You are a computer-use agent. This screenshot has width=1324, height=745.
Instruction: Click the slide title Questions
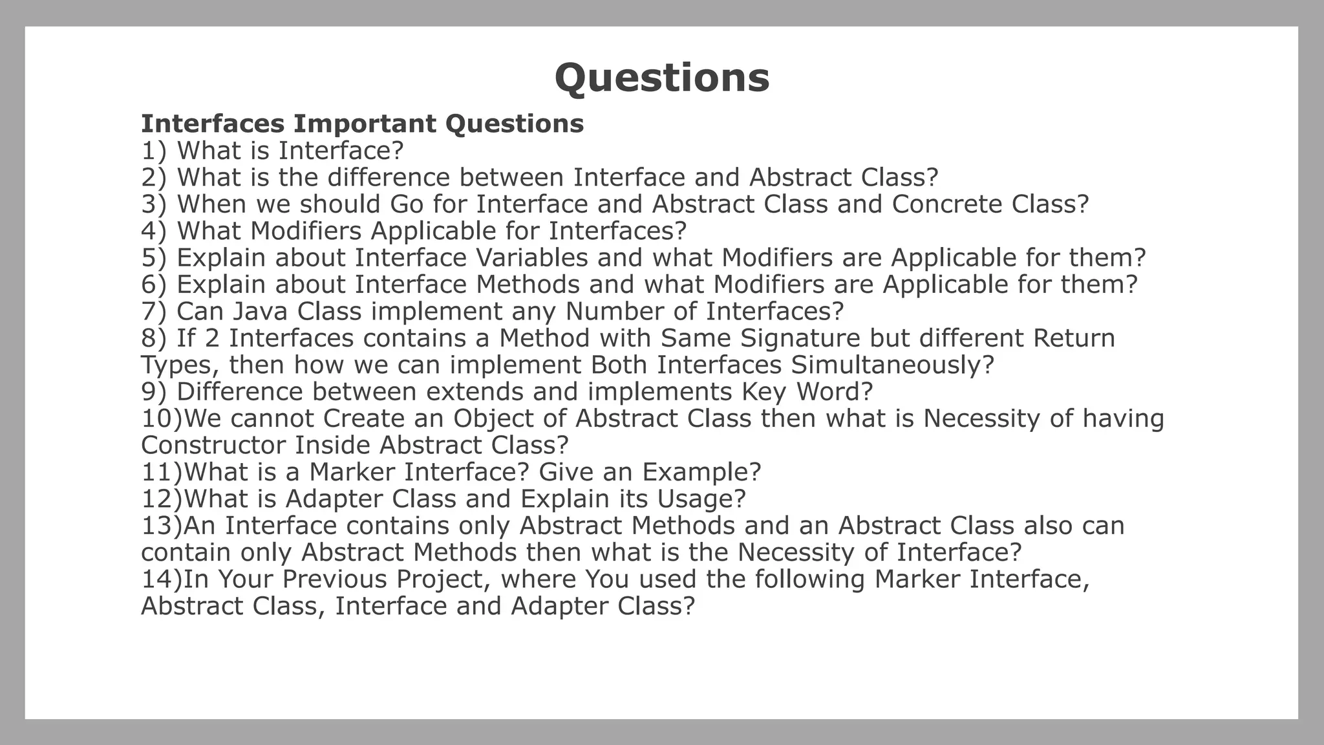click(x=662, y=78)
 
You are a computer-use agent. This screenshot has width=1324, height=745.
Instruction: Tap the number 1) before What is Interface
click(x=154, y=151)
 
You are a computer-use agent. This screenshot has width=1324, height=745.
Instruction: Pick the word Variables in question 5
click(x=531, y=258)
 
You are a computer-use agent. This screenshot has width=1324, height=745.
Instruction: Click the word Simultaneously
click(x=892, y=365)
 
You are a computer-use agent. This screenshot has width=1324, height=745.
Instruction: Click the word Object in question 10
click(x=493, y=418)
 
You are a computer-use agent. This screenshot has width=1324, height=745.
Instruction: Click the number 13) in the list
click(x=162, y=526)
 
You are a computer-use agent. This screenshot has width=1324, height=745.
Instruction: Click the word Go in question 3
click(x=407, y=204)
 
